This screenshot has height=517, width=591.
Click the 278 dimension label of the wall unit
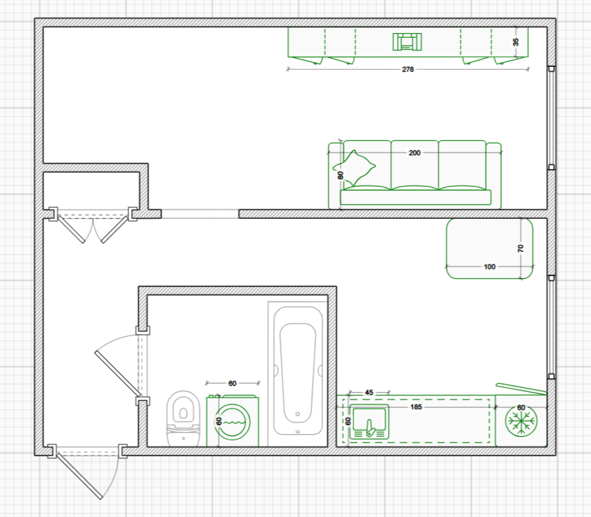coord(408,69)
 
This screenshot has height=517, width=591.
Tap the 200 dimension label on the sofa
coord(414,153)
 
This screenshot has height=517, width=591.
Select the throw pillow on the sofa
coord(354,168)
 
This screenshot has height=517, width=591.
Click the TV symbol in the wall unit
coord(407,41)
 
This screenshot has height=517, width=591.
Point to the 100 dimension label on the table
coord(490,267)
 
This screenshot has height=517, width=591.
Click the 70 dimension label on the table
coord(521,248)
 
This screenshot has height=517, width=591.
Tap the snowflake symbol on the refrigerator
coord(521,421)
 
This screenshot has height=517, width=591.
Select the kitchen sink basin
coord(369,422)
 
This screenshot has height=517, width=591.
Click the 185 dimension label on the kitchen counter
coord(416,407)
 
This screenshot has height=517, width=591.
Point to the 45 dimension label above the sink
coord(369,392)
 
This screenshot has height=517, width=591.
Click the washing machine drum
coord(233,422)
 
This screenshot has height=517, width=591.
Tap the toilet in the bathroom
coord(183,419)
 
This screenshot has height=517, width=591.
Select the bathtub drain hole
coord(298,414)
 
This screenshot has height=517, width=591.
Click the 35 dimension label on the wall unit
coord(516,42)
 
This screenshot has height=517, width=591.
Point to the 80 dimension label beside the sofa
coord(340,175)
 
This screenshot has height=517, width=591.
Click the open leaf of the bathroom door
coord(117,374)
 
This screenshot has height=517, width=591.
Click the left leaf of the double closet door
coord(71,229)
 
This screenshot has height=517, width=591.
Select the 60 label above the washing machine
coord(232,383)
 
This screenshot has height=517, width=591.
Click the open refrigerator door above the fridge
coord(521,389)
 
